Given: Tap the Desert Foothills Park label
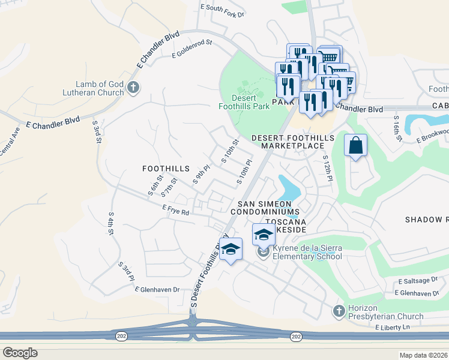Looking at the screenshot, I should pos(243,102).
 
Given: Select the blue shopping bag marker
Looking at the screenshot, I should pos(355,145).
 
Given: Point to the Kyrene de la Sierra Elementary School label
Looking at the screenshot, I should pos(307,252).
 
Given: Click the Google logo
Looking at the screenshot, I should pos(20,353).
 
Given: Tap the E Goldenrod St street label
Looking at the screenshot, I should pos(192,49).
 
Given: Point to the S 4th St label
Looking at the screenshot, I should pos(111,223).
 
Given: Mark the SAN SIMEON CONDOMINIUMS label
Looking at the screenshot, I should pos(268,208).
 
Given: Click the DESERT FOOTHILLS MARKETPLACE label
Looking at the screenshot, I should pos(292,142).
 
